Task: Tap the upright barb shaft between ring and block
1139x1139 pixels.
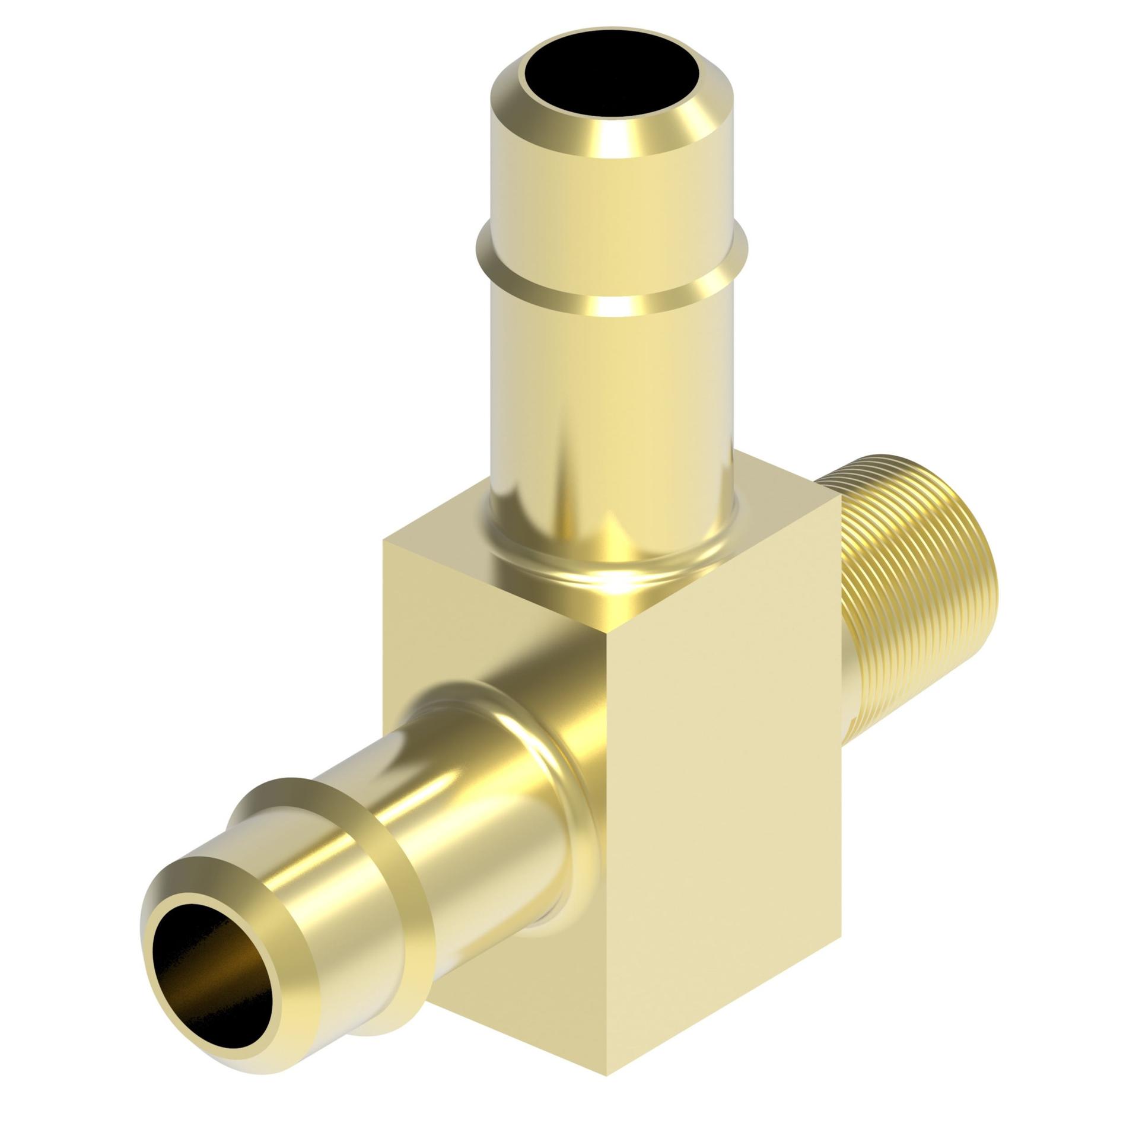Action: [x=611, y=415]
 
